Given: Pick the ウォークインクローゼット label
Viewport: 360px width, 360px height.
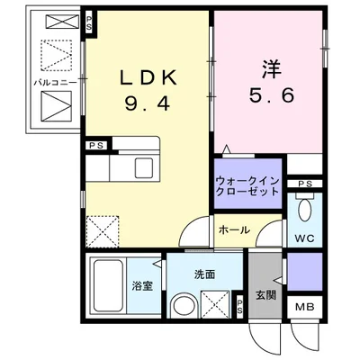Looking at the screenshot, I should [247, 185].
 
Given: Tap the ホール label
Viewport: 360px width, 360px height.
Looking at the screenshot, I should [233, 229].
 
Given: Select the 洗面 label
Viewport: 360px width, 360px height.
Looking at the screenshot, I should [203, 274].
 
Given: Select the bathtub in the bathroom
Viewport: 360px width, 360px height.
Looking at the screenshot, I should [108, 285].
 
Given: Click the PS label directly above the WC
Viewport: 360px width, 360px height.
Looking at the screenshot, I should [305, 184].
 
